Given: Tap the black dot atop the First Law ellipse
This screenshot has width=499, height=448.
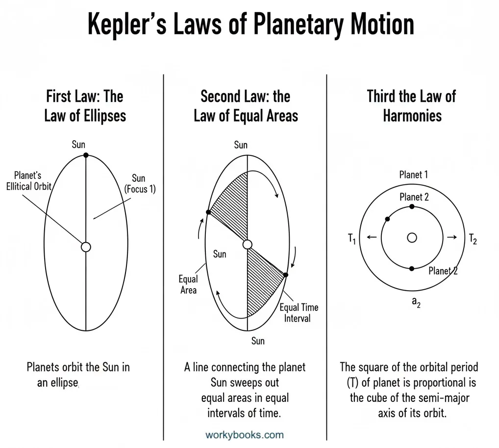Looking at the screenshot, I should pyautogui.click(x=86, y=155).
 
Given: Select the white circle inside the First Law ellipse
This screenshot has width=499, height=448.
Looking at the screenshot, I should pyautogui.click(x=86, y=247).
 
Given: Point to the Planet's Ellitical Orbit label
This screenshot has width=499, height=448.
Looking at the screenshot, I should pyautogui.click(x=33, y=180).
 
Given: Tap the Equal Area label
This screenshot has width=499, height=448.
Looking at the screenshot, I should pyautogui.click(x=188, y=284).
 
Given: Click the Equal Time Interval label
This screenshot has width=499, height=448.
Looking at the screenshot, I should pyautogui.click(x=299, y=312).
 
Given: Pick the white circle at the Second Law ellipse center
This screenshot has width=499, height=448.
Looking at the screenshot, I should pyautogui.click(x=248, y=245).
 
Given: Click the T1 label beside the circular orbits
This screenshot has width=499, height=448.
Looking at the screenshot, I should pyautogui.click(x=352, y=239).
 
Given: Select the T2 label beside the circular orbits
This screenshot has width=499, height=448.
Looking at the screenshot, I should pyautogui.click(x=473, y=239).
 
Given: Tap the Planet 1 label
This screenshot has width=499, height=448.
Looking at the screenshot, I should pyautogui.click(x=414, y=174).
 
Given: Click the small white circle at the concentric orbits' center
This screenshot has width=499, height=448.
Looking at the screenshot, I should pyautogui.click(x=412, y=238).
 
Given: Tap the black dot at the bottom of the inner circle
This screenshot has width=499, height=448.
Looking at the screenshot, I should pyautogui.click(x=412, y=269).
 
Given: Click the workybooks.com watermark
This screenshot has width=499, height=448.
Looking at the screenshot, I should pyautogui.click(x=245, y=434).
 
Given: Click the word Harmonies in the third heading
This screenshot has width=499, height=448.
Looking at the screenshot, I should pyautogui.click(x=412, y=116).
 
